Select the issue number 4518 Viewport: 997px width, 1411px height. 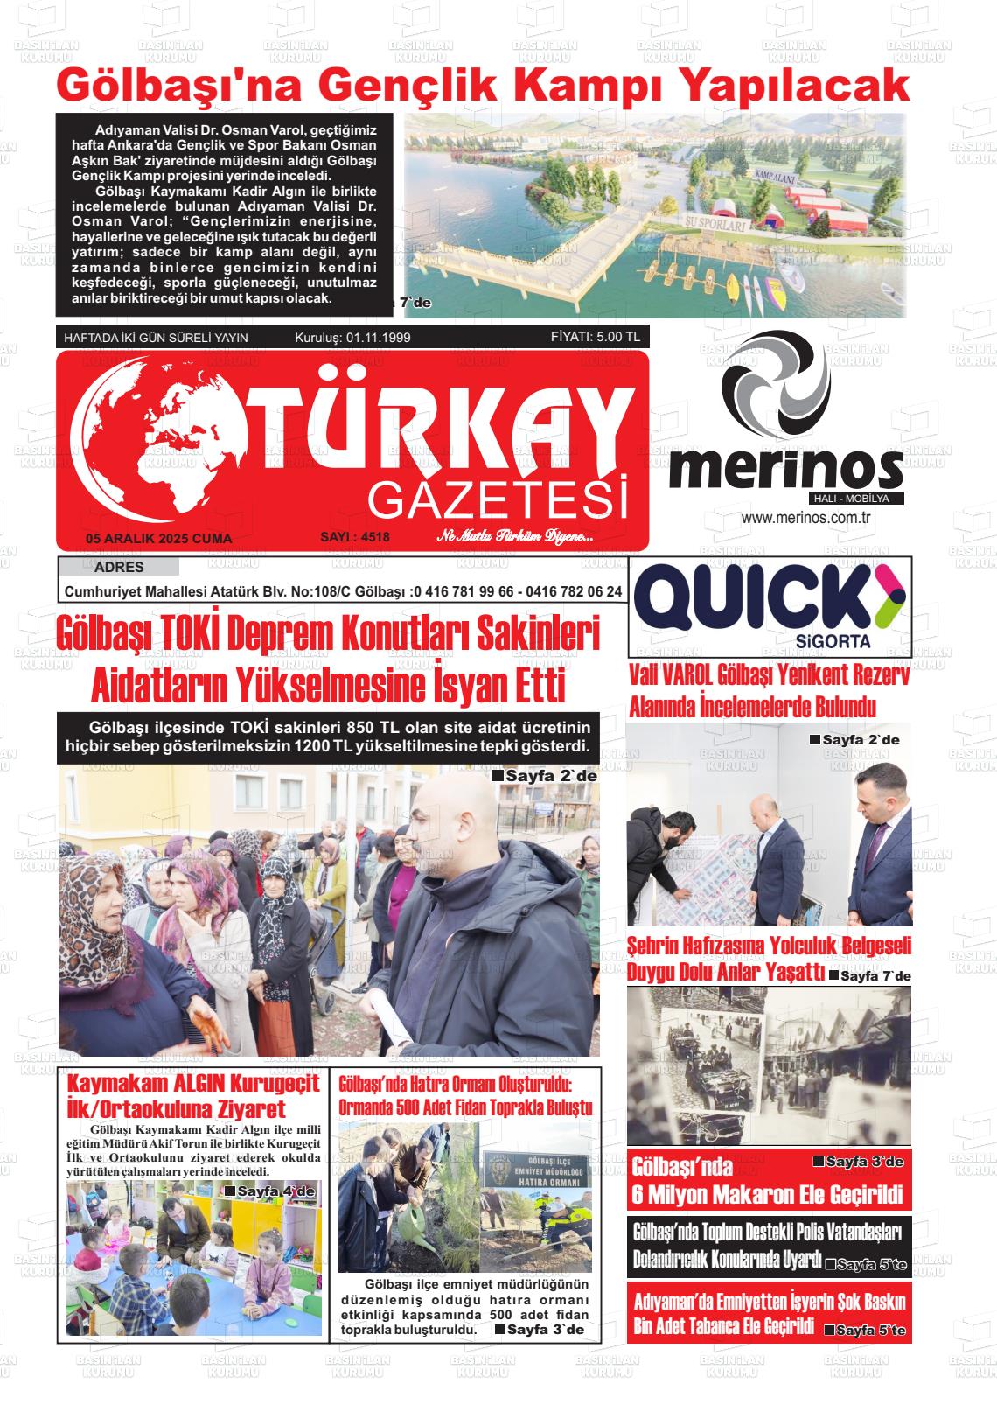(355, 537)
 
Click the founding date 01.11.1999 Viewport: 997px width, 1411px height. (378, 338)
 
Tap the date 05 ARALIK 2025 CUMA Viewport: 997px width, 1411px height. (158, 539)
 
